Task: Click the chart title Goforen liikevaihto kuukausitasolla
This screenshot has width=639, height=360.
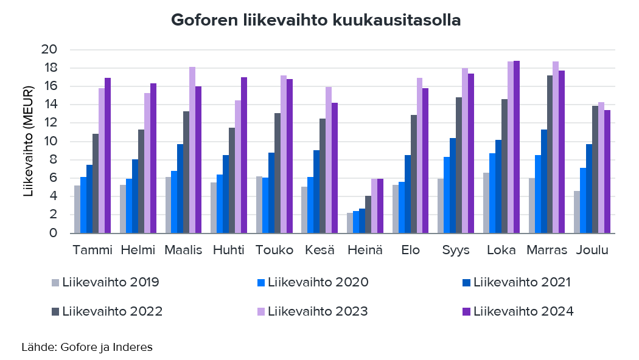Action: coord(315,20)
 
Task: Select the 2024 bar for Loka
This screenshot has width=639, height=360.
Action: coord(517,147)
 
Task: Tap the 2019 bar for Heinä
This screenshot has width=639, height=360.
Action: coord(350,223)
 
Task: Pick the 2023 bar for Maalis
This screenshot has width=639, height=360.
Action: coord(192,150)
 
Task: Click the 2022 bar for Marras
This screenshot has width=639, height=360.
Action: coord(550,154)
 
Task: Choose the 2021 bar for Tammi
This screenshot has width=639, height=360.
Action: coord(89,199)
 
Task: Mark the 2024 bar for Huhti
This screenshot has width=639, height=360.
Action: coord(244,155)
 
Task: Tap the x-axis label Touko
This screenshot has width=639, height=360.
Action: coord(274,251)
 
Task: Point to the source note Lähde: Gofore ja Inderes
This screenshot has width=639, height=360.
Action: coord(86,347)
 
